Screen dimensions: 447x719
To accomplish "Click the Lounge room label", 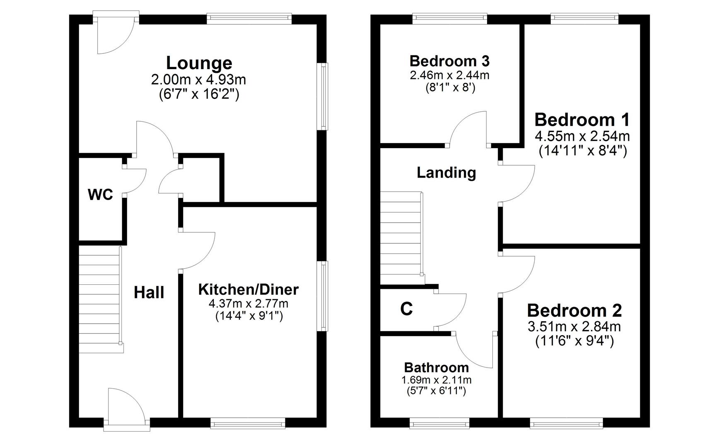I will [199, 63].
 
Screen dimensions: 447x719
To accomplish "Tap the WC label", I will [100, 194].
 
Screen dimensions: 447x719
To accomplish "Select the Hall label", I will [149, 293].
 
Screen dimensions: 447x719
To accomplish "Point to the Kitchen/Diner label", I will [248, 289].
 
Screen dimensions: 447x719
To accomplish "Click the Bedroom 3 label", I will [449, 61].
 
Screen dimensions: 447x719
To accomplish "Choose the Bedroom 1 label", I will [582, 120].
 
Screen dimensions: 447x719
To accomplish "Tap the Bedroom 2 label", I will [574, 310].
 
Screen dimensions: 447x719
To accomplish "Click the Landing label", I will [446, 172].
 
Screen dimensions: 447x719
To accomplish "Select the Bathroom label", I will [436, 367].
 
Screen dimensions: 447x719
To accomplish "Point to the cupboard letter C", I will [406, 309].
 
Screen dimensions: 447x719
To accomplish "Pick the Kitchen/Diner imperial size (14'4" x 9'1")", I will [249, 316].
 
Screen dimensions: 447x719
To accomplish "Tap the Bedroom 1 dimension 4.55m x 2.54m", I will [582, 136].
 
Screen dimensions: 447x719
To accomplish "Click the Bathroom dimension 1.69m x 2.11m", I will [436, 380].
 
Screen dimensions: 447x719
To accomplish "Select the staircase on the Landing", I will [401, 238].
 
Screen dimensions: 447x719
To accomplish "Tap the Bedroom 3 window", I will [449, 18].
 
